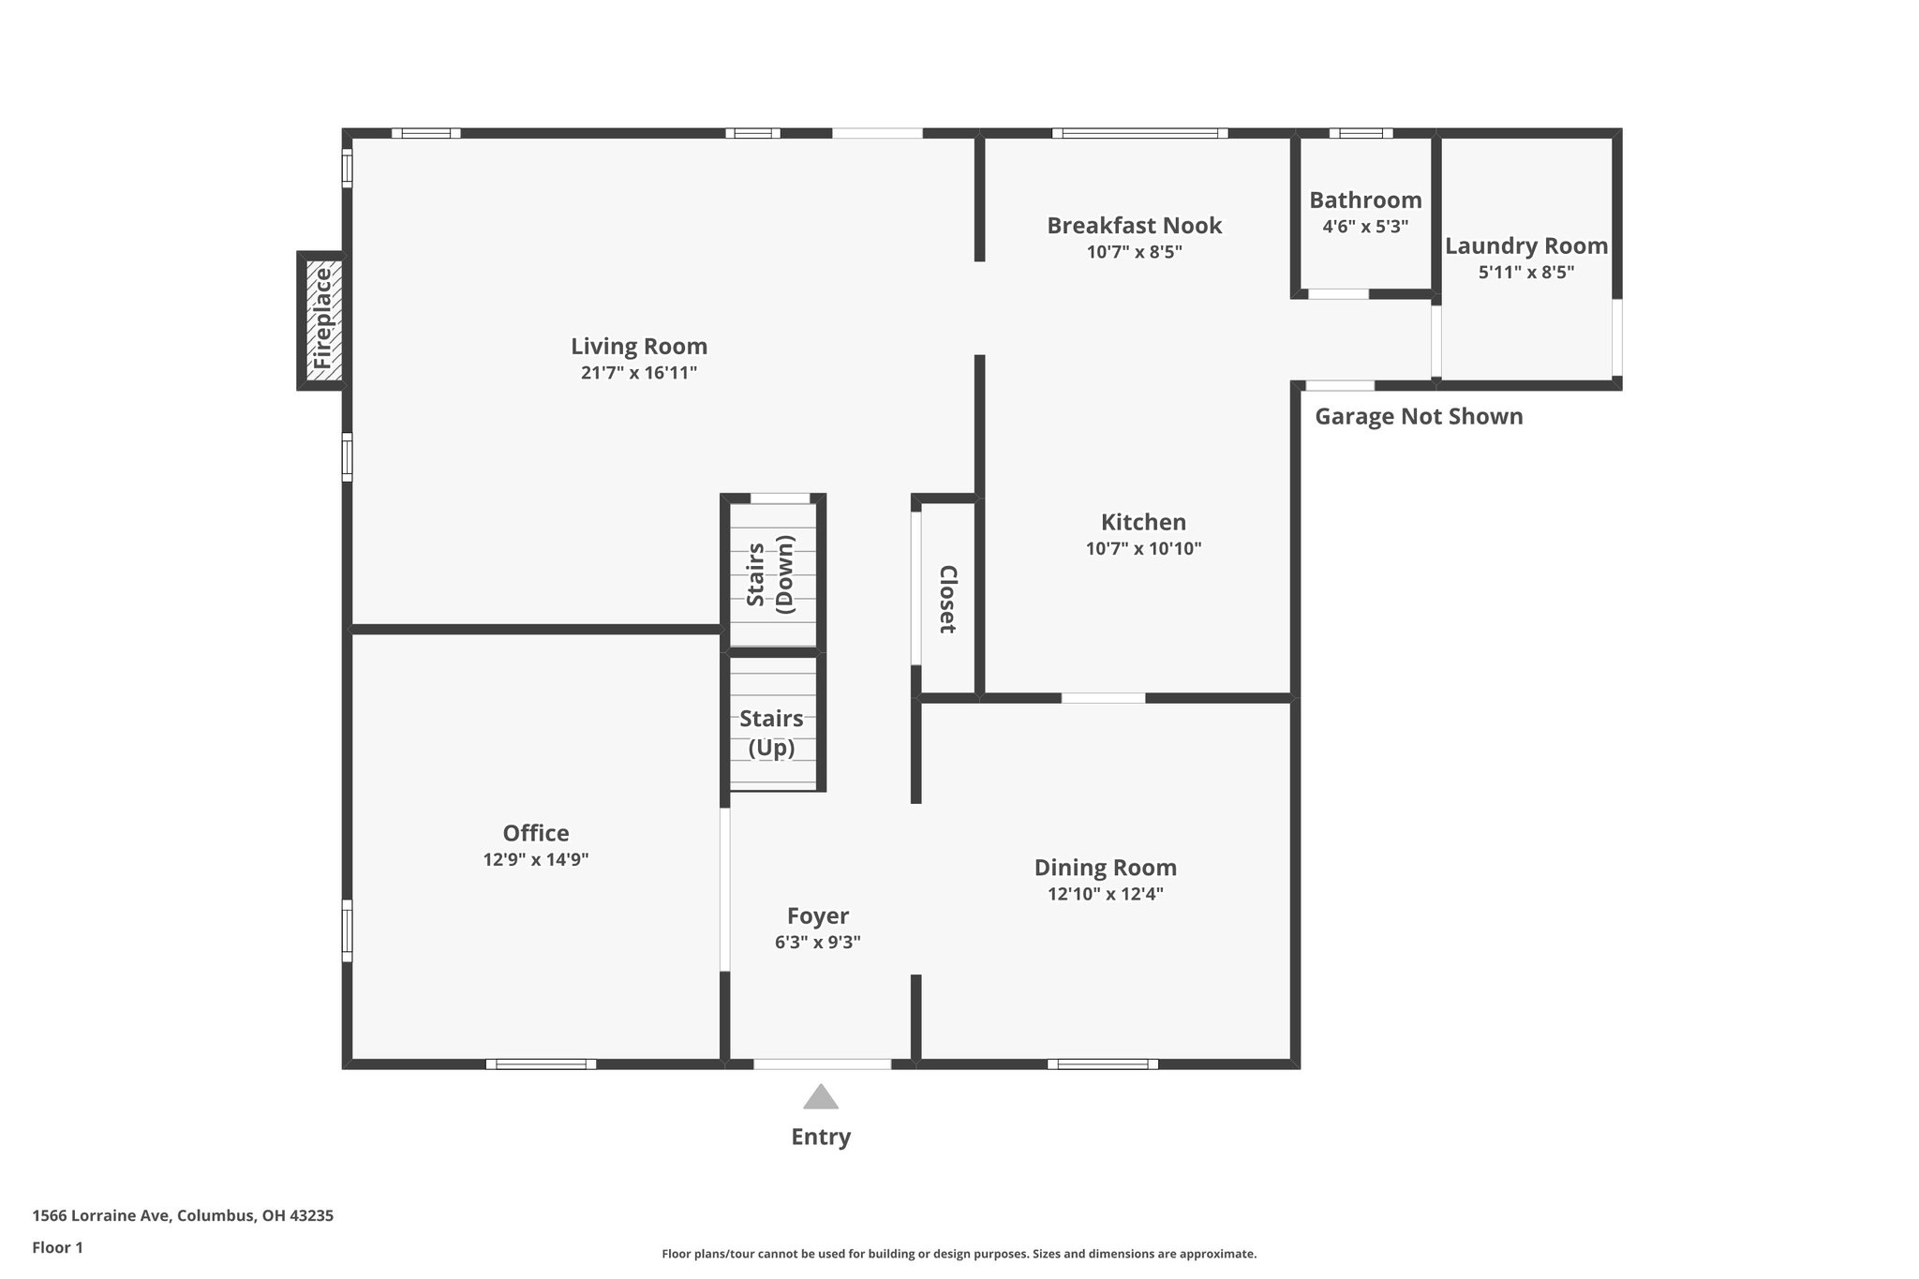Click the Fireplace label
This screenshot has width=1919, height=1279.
(322, 319)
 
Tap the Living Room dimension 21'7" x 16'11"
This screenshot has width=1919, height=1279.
(639, 373)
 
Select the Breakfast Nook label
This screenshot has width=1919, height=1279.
(1134, 226)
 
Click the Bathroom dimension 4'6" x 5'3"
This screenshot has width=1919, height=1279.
(1365, 227)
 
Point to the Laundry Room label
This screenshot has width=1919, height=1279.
(1525, 246)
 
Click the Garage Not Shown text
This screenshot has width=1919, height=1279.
(1419, 417)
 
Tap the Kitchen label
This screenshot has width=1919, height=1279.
(1143, 523)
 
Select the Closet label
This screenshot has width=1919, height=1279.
(947, 600)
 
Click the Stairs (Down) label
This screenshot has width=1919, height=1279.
(771, 574)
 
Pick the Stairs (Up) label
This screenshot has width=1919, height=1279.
(771, 733)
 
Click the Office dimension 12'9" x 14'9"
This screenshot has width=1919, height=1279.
(536, 860)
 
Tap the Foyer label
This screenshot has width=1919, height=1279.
(818, 916)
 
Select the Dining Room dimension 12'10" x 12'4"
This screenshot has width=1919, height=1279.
(1106, 894)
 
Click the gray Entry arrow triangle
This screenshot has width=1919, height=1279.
(821, 1097)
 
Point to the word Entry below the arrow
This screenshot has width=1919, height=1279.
(821, 1137)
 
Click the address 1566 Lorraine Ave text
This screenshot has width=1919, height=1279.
(183, 1216)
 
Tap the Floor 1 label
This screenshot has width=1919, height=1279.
(58, 1247)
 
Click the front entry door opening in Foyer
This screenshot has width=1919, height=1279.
(822, 1063)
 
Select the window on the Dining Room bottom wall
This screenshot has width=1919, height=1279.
(1103, 1063)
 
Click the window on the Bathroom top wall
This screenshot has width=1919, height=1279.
(1361, 133)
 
